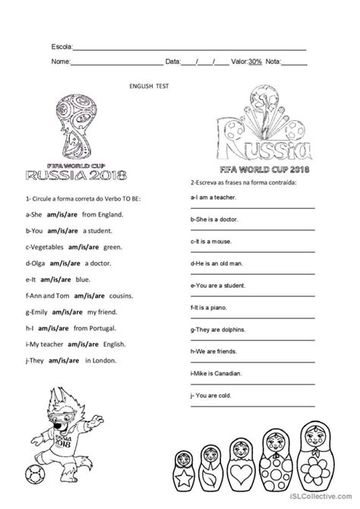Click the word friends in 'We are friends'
(x=229, y=353)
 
